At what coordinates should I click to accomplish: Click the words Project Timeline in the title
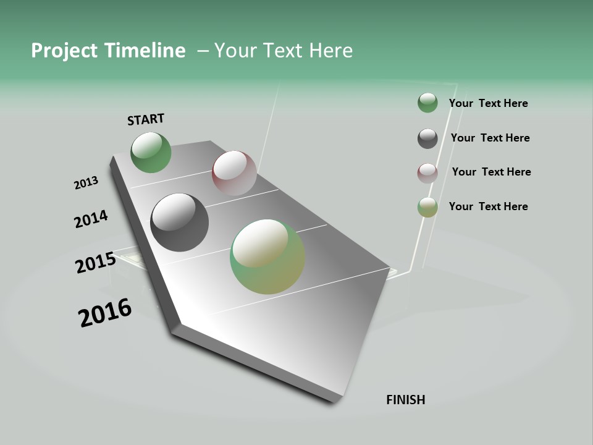tap(108, 51)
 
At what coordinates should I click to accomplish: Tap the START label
tap(146, 119)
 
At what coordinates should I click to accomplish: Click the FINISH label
tap(405, 400)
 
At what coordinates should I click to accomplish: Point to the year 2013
tap(86, 183)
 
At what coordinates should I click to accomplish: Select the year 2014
tap(91, 219)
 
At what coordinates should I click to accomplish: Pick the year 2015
tap(95, 263)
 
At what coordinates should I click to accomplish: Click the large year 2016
tap(105, 313)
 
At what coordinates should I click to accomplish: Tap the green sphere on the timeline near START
tap(151, 153)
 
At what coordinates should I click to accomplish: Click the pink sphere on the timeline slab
tap(234, 173)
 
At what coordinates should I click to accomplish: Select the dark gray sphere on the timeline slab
tap(179, 222)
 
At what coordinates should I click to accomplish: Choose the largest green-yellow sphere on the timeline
tap(267, 256)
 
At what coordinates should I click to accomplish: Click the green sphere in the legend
tap(427, 103)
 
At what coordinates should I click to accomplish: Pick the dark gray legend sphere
tap(427, 138)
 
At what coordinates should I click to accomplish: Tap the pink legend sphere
tap(427, 173)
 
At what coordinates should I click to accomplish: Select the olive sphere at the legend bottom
tap(427, 207)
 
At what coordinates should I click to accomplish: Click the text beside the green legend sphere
tap(488, 103)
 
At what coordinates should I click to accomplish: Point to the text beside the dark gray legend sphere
tap(490, 138)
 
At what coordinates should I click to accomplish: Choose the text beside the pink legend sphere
tap(491, 172)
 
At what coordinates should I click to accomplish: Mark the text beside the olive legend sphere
tap(488, 206)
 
